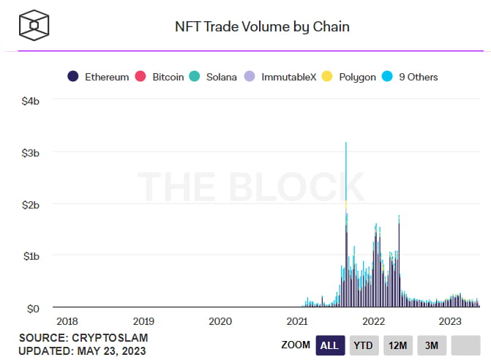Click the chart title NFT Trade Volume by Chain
click(261, 27)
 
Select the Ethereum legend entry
click(99, 77)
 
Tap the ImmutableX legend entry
click(281, 77)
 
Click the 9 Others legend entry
click(411, 77)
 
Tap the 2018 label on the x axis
click(67, 321)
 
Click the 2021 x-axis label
click(296, 321)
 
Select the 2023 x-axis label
click(449, 321)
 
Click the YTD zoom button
click(364, 345)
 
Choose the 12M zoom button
click(397, 345)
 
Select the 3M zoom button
click(431, 345)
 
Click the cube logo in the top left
click(34, 26)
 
